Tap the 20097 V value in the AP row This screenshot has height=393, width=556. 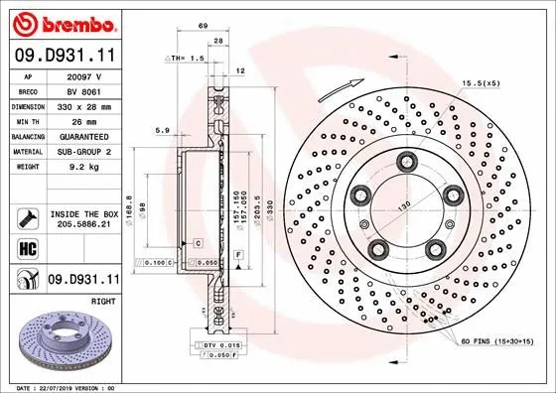[93, 75]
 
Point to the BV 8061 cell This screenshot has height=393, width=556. [93, 89]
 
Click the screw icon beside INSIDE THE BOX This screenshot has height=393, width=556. [27, 218]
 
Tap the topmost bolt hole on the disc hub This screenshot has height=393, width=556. [405, 162]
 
